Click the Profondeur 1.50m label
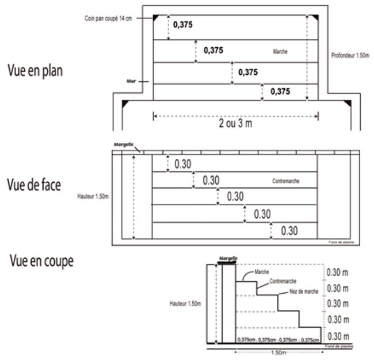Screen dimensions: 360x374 tap(351, 56)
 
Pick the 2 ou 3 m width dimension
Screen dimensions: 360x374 tap(236, 123)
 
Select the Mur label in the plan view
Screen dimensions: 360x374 tap(131, 81)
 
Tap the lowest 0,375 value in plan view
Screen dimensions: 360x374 tap(280, 91)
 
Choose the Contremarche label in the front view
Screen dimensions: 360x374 tap(286, 181)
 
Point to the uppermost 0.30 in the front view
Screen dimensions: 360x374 tap(182, 164)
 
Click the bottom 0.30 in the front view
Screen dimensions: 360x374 tap(289, 230)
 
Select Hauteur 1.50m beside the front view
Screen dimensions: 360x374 tap(92, 196)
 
